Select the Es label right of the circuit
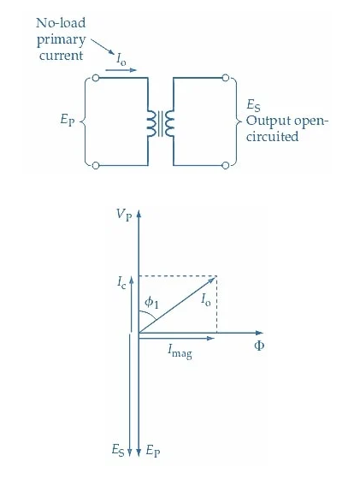pyautogui.click(x=253, y=105)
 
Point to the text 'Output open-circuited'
pyautogui.click(x=287, y=129)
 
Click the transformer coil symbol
pyautogui.click(x=161, y=121)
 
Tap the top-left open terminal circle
pyautogui.click(x=96, y=78)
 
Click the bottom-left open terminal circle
pyautogui.click(x=96, y=164)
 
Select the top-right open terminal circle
pyautogui.click(x=227, y=78)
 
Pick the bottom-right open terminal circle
pyautogui.click(x=227, y=164)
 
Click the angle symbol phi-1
pyautogui.click(x=151, y=301)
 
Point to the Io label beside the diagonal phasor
pyautogui.click(x=205, y=300)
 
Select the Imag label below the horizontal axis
pyautogui.click(x=180, y=350)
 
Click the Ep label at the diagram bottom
pyautogui.click(x=152, y=450)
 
